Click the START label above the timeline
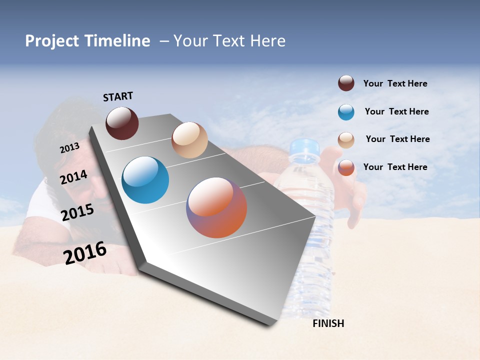118,96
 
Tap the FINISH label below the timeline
328,323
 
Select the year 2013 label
69,148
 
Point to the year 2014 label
73,177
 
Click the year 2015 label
77,212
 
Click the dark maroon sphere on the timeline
122,123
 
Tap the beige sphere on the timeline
189,140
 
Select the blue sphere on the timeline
145,180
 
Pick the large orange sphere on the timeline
216,207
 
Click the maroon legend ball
346,83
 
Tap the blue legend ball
346,112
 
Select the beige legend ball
346,140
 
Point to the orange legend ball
346,167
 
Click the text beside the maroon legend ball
395,83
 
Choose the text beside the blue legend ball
396,111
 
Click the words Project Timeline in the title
87,41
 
